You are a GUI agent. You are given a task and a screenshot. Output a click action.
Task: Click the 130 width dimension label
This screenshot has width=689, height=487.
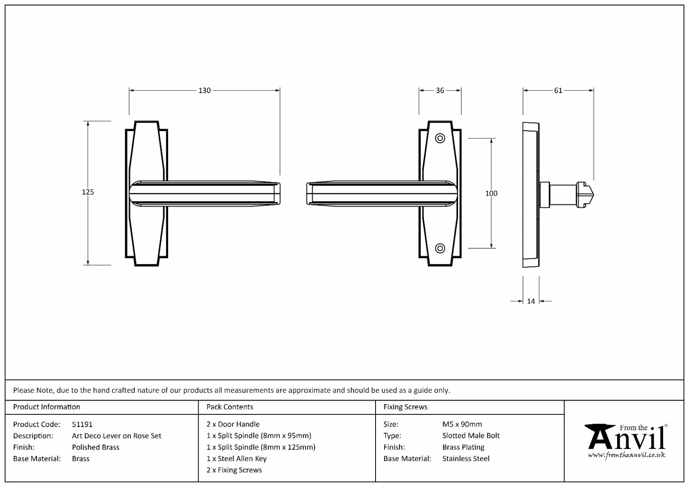pyautogui.click(x=204, y=91)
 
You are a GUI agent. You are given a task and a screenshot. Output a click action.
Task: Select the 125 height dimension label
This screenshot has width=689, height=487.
pyautogui.click(x=88, y=192)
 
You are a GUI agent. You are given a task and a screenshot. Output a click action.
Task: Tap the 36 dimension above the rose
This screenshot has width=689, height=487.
pyautogui.click(x=440, y=91)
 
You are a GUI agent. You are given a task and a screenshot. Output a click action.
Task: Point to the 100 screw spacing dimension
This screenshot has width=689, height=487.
pyautogui.click(x=491, y=193)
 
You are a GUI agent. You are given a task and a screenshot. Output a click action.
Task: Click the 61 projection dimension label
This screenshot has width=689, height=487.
pyautogui.click(x=558, y=91)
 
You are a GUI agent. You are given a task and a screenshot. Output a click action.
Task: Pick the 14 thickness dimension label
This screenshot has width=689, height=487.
pyautogui.click(x=531, y=301)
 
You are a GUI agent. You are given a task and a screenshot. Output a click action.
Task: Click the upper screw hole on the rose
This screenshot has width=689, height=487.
pyautogui.click(x=440, y=138)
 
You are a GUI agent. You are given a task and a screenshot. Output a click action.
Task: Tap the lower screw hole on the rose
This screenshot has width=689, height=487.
pyautogui.click(x=440, y=248)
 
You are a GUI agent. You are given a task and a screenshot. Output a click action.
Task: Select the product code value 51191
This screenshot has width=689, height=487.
pyautogui.click(x=82, y=424)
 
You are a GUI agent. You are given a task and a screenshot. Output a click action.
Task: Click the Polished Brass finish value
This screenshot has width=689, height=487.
pyautogui.click(x=95, y=447)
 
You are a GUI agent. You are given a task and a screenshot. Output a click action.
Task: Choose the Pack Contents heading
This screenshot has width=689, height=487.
pyautogui.click(x=229, y=407)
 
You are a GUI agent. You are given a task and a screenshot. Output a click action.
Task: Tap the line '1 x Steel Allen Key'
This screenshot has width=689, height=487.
pyautogui.click(x=236, y=459)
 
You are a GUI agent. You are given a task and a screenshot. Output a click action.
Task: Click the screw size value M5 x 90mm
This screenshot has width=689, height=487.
pyautogui.click(x=462, y=424)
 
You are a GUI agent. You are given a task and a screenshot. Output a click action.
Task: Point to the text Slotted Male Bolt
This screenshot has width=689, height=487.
pyautogui.click(x=471, y=435)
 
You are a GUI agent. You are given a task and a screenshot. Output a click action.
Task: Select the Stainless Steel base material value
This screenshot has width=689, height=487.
pyautogui.click(x=466, y=459)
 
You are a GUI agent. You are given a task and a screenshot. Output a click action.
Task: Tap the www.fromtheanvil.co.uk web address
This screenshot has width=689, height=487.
pyautogui.click(x=626, y=455)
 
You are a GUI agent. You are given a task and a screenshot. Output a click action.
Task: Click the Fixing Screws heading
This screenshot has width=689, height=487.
pyautogui.click(x=405, y=407)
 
